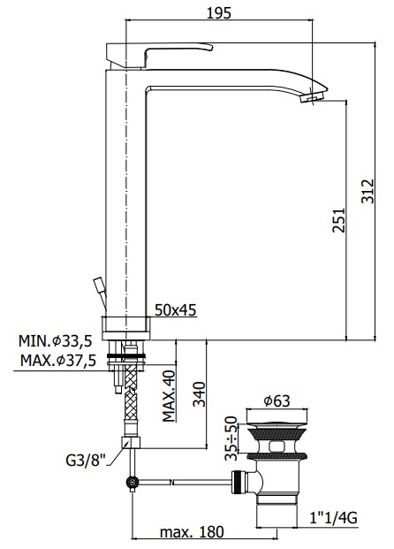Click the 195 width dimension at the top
point(219,13)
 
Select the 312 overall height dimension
point(367,191)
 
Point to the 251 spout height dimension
point(338,220)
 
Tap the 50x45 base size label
point(176,310)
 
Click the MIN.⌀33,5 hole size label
point(56,340)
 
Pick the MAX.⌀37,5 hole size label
point(58,361)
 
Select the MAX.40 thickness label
point(169,396)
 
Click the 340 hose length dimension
point(200,394)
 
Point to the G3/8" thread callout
point(86,460)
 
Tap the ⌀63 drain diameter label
point(277,400)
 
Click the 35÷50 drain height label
point(231,438)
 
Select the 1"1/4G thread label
point(333,518)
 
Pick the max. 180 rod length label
point(192,532)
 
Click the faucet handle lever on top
point(159,54)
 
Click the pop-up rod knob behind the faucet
point(99,285)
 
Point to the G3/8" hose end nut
point(131,442)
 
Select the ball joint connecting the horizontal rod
point(133,484)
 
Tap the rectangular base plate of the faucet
point(125,328)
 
